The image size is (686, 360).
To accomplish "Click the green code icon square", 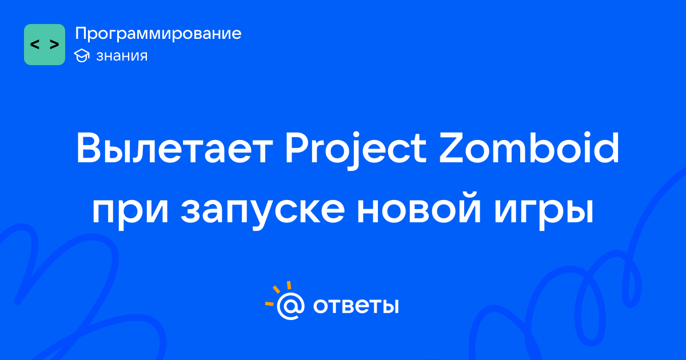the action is (45, 45).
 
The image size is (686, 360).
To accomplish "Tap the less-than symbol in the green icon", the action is (35, 45).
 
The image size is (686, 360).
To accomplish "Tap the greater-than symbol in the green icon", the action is (54, 45).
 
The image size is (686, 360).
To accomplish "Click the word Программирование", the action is (158, 34).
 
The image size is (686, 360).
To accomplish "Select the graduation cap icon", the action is (82, 55).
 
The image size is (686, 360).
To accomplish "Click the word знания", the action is (122, 56).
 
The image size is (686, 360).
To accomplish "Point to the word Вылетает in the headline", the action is (174, 148).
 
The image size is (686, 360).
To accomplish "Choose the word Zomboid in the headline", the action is (529, 147).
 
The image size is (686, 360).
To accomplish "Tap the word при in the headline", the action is (130, 213).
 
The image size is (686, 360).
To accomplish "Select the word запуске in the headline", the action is (263, 213).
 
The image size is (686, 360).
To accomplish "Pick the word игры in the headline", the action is (544, 213).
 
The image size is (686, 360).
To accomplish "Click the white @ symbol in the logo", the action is (290, 306).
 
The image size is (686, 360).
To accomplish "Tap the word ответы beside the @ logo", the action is (356, 306).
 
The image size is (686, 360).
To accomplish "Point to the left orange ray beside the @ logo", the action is (269, 303).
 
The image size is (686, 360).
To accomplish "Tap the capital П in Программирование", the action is (81, 33).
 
